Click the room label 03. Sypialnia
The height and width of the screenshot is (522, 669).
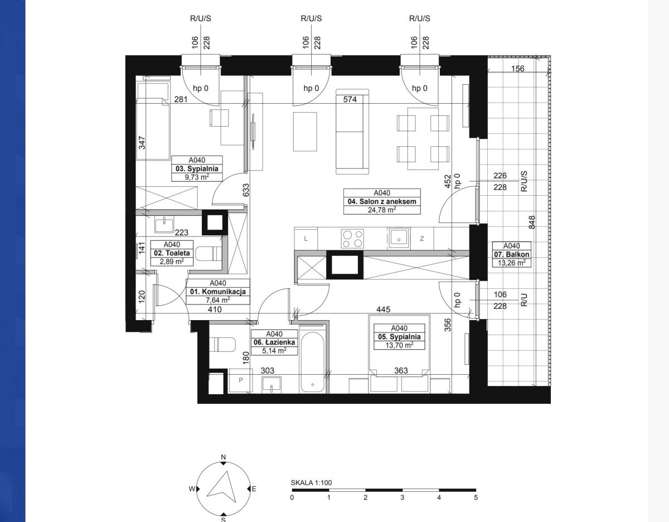click(197, 168)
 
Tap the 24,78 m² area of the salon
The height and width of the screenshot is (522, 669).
click(382, 210)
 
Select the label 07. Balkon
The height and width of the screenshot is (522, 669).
click(512, 254)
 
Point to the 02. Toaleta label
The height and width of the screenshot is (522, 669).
click(172, 253)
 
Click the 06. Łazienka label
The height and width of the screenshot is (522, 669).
click(274, 342)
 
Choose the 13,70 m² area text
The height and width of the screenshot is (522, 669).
click(399, 345)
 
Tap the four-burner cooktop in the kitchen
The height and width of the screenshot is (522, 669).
click(352, 238)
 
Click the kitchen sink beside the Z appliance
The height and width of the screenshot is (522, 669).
click(399, 238)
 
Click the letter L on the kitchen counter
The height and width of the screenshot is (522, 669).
click(306, 239)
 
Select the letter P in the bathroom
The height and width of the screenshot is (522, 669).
click(241, 380)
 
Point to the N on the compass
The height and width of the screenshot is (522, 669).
click(224, 457)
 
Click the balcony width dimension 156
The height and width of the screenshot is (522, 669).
click(517, 69)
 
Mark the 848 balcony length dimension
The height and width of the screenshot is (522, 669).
click(532, 222)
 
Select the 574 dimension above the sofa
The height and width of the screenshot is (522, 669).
click(350, 99)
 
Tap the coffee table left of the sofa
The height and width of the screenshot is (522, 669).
click(305, 132)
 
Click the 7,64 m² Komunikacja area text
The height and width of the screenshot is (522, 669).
click(218, 300)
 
